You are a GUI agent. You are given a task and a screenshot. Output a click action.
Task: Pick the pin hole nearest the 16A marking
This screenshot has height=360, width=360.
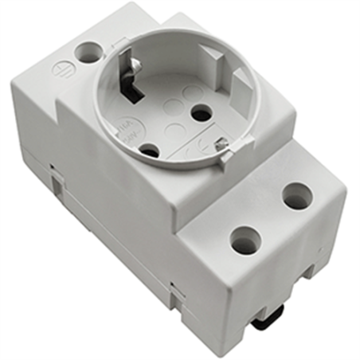[x=148, y=148]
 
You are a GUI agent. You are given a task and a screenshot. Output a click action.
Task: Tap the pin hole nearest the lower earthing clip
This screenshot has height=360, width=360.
[x=202, y=114]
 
